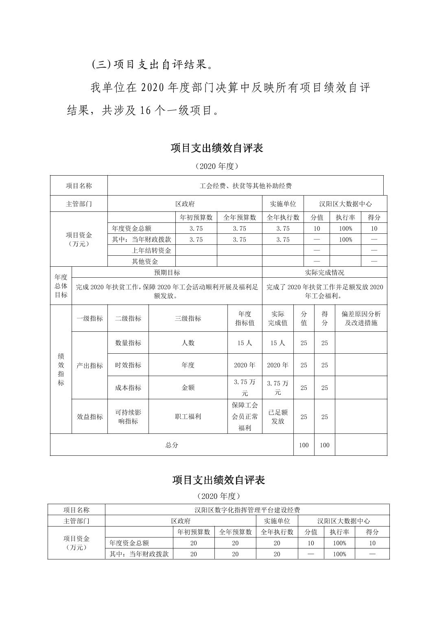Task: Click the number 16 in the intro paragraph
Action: tap(146, 111)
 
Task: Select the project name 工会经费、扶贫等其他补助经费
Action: tap(245, 186)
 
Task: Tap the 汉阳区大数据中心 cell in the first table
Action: tap(345, 204)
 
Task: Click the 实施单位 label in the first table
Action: tap(283, 204)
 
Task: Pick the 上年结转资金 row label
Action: tap(151, 250)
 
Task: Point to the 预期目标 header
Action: tap(167, 272)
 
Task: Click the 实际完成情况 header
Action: tap(324, 272)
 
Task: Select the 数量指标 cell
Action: tap(128, 343)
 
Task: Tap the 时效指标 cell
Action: tap(128, 365)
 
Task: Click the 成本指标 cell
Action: tap(128, 388)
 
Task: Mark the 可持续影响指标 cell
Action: tap(128, 417)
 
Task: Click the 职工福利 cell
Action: tap(188, 417)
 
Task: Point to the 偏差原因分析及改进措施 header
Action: tap(361, 318)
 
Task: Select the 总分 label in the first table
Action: tap(172, 445)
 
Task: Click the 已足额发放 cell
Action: tap(278, 417)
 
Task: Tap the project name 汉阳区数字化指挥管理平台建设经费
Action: tap(247, 510)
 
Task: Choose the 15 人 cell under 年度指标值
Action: tap(245, 343)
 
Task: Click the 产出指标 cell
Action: tap(90, 366)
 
